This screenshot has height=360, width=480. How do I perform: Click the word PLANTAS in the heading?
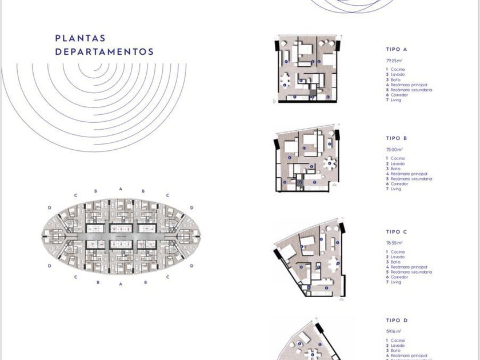click(80, 38)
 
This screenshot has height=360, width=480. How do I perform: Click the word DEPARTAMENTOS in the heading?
click(104, 51)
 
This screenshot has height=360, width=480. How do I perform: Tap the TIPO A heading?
click(397, 49)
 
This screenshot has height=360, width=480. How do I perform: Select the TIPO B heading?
click(397, 138)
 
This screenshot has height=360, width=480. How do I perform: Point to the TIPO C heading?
click(397, 232)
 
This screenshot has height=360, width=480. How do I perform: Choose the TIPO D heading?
click(397, 321)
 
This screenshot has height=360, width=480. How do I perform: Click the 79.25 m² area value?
click(394, 60)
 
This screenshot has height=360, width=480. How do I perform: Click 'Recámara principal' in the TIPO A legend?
click(409, 85)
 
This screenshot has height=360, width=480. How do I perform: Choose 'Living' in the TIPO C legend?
click(396, 282)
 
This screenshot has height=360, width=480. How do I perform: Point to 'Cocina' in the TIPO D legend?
click(398, 341)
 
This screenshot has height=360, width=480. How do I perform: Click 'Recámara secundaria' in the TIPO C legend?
click(411, 272)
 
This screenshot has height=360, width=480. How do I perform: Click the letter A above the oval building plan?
click(121, 189)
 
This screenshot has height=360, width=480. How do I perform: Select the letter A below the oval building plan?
click(121, 283)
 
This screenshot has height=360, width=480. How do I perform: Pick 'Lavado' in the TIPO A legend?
click(398, 74)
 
